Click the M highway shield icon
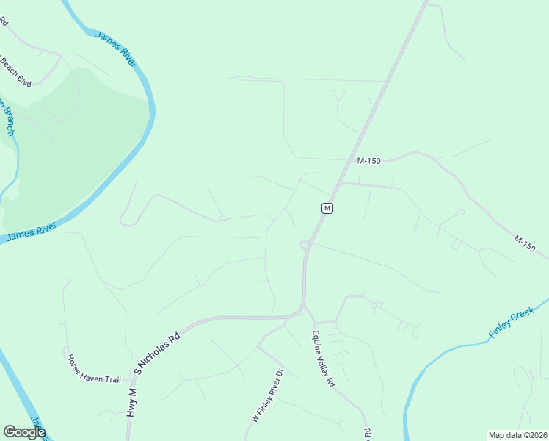(327, 208)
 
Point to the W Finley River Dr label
(267, 396)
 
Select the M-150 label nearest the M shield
(368, 161)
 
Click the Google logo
(24, 432)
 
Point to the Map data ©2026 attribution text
(517, 435)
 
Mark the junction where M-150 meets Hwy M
(340, 183)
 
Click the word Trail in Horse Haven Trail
(111, 379)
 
